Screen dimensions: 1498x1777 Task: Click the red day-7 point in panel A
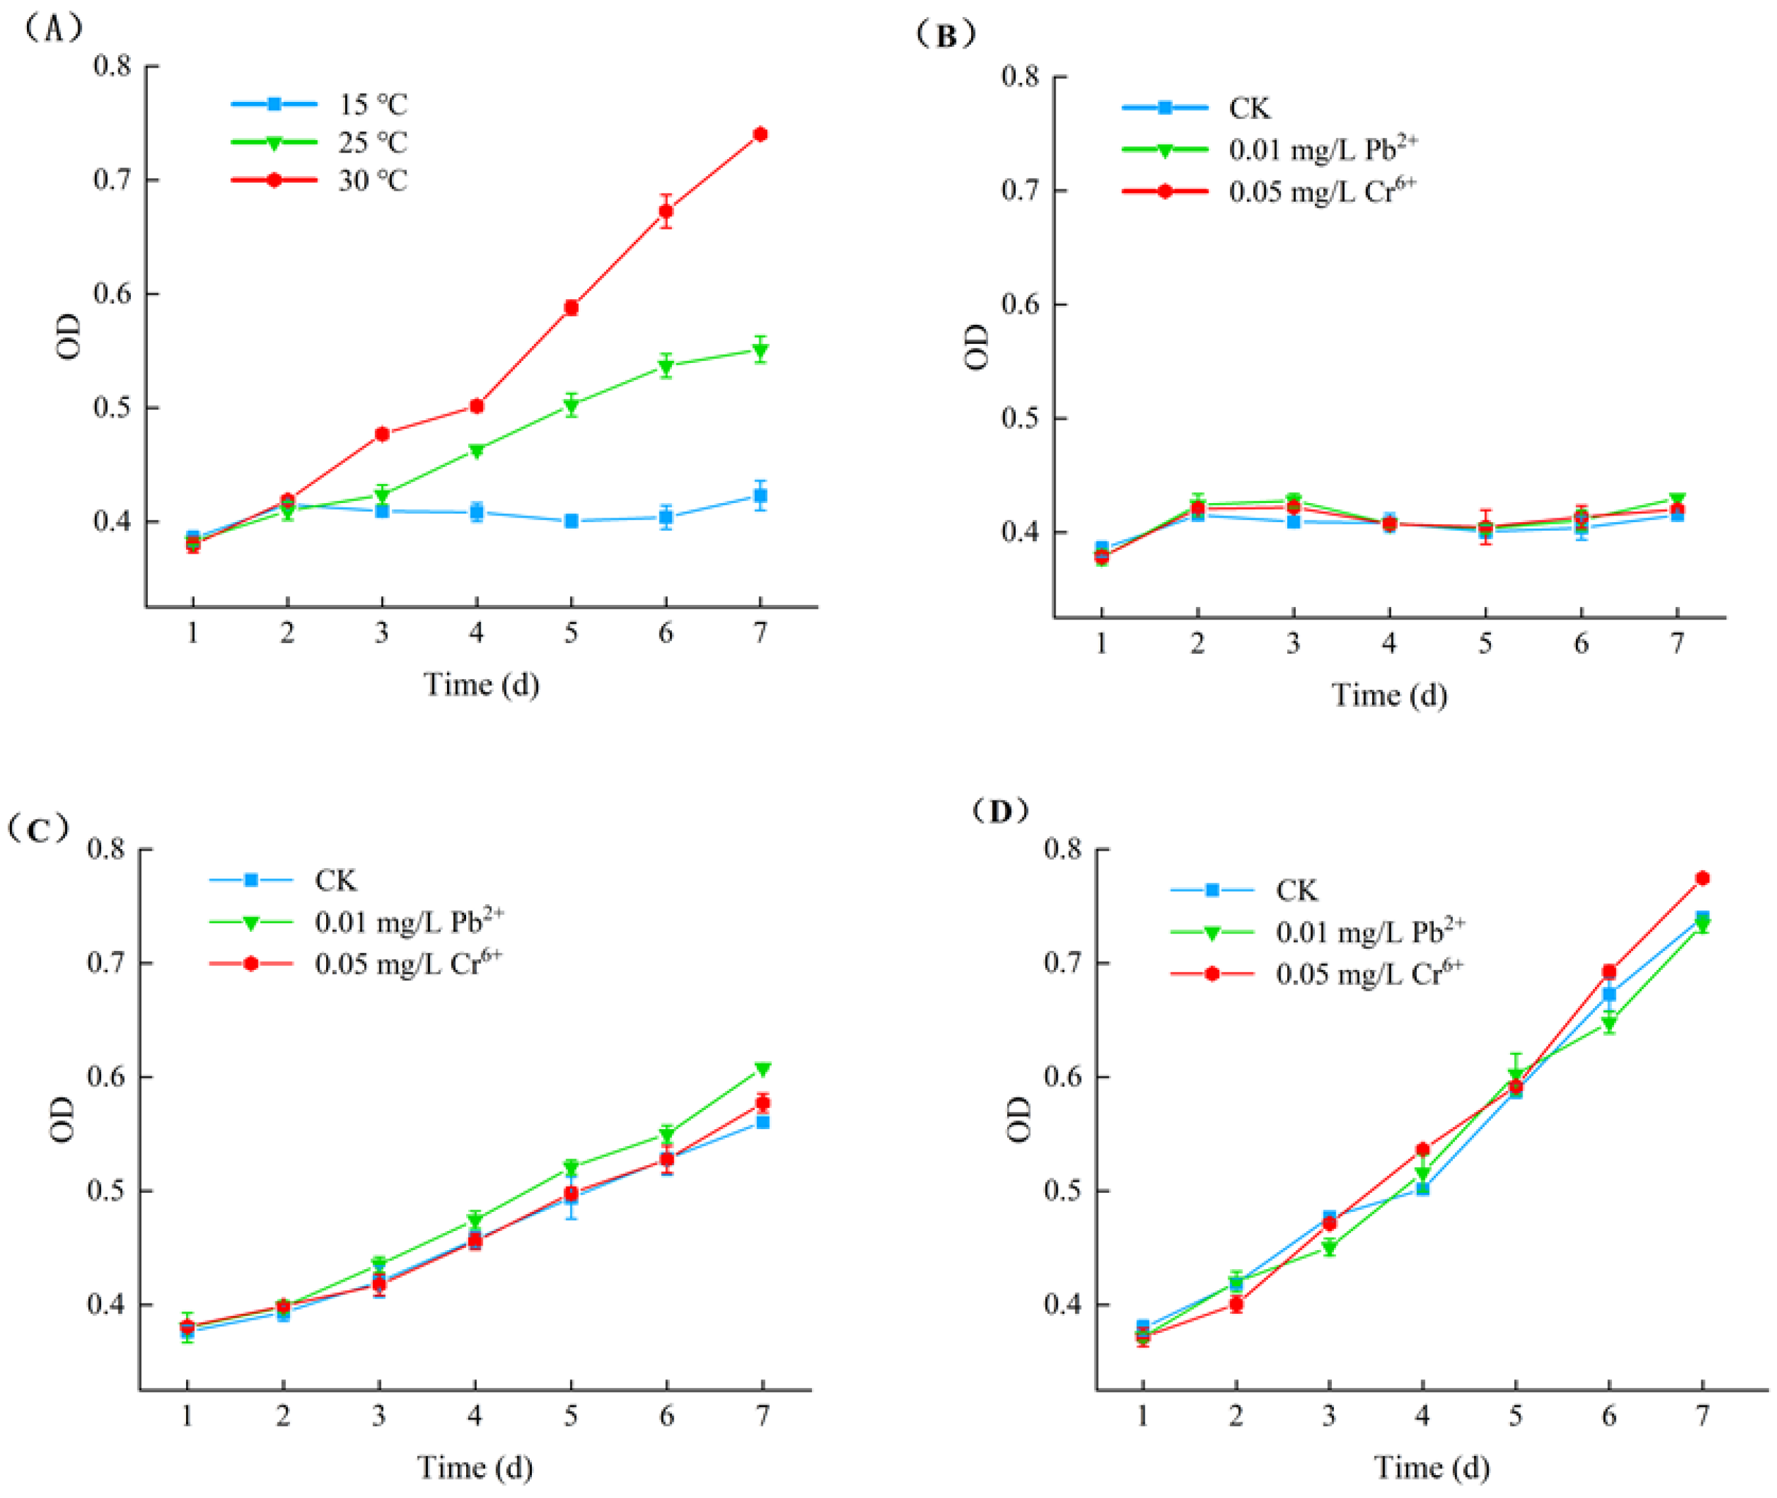pos(760,134)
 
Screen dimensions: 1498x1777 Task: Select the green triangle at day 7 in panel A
pos(760,350)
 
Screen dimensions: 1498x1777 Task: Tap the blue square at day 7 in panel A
pos(760,496)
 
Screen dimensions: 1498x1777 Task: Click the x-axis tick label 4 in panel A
pos(477,633)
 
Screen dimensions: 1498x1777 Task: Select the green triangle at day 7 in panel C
pos(763,1069)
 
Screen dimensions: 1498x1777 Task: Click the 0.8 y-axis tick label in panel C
pos(106,848)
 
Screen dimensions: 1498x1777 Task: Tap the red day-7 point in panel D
pos(1702,878)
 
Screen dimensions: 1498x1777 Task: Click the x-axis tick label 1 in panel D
pos(1143,1416)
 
